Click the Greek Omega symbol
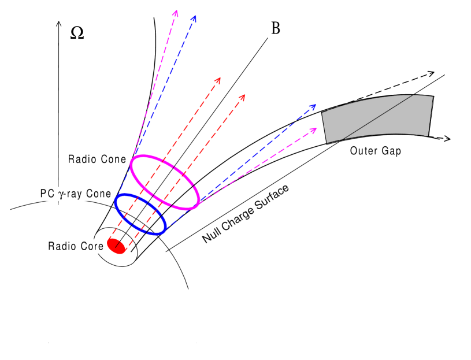(77, 32)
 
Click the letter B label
(276, 28)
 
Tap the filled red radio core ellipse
(116, 245)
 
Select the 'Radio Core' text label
(76, 246)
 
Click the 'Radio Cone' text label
(97, 159)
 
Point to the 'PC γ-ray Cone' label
(75, 194)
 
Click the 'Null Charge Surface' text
(246, 214)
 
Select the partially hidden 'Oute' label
(359, 151)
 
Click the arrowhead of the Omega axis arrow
(58, 23)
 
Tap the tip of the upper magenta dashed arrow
(176, 12)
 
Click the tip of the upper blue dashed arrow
(195, 17)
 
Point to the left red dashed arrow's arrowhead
(219, 79)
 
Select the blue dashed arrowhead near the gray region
(314, 106)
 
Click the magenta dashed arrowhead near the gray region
(316, 128)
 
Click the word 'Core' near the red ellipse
(92, 246)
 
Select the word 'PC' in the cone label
(47, 194)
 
